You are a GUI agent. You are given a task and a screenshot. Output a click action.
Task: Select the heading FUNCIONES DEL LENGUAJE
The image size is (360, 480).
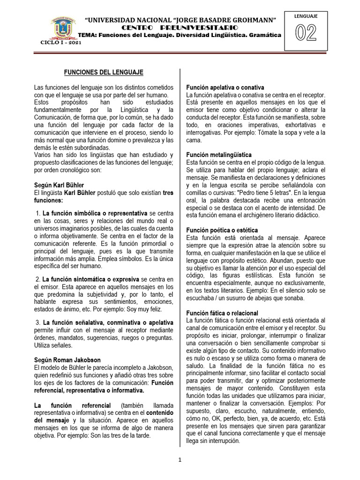104,72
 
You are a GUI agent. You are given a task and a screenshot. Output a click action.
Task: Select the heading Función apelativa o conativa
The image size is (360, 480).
225,88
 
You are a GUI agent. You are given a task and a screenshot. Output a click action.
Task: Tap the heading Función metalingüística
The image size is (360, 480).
219,155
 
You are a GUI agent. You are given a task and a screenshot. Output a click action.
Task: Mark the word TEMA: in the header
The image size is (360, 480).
86,35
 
